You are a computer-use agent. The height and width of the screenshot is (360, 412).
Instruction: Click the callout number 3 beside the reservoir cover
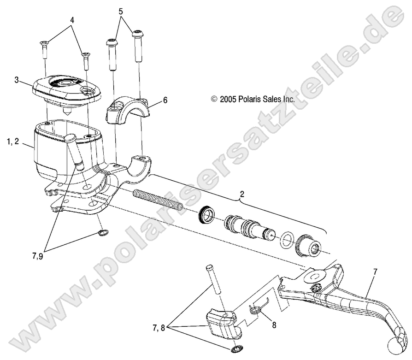(x=17, y=80)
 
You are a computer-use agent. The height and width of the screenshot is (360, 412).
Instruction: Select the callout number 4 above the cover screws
(x=71, y=20)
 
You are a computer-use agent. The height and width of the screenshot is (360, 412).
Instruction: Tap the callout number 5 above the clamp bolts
(x=121, y=11)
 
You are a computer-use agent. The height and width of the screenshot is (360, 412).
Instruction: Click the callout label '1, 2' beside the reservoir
(x=13, y=142)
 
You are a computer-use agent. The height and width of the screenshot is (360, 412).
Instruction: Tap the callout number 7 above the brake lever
(x=375, y=272)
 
